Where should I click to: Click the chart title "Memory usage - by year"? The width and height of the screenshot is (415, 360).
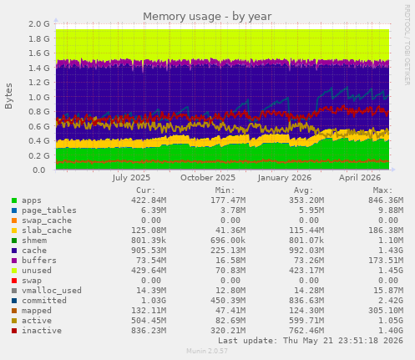coord(207,17)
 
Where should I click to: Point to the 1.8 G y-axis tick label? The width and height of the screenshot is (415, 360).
coord(39,38)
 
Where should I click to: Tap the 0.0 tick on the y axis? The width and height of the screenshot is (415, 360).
coord(39,170)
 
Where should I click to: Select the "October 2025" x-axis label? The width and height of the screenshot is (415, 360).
coord(208,178)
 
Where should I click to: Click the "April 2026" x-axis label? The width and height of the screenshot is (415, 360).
coord(360,178)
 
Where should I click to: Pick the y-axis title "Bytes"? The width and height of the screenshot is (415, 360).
coord(8,96)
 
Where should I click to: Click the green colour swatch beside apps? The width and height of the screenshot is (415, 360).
coord(14,200)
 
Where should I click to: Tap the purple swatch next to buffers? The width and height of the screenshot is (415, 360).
coord(14,261)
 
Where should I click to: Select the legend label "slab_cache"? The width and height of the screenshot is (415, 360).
coord(47,231)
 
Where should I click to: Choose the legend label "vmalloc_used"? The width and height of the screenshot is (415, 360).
coord(52,291)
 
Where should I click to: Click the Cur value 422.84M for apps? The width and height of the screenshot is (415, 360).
coord(149,200)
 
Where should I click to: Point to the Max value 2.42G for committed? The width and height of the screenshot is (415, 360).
coord(391,301)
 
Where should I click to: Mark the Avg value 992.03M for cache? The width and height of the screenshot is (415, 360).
coord(306,251)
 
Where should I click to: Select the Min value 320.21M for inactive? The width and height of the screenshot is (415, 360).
coord(228,331)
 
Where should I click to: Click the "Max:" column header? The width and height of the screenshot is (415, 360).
coord(382,190)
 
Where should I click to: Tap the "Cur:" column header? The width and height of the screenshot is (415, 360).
coord(146,190)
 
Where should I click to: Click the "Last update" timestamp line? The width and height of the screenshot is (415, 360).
coord(311,341)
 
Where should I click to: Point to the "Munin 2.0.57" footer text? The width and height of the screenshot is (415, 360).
coord(207,351)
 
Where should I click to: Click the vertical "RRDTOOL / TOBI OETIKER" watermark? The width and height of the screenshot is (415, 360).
coord(407,45)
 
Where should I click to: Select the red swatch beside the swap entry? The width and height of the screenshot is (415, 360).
coord(14,281)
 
